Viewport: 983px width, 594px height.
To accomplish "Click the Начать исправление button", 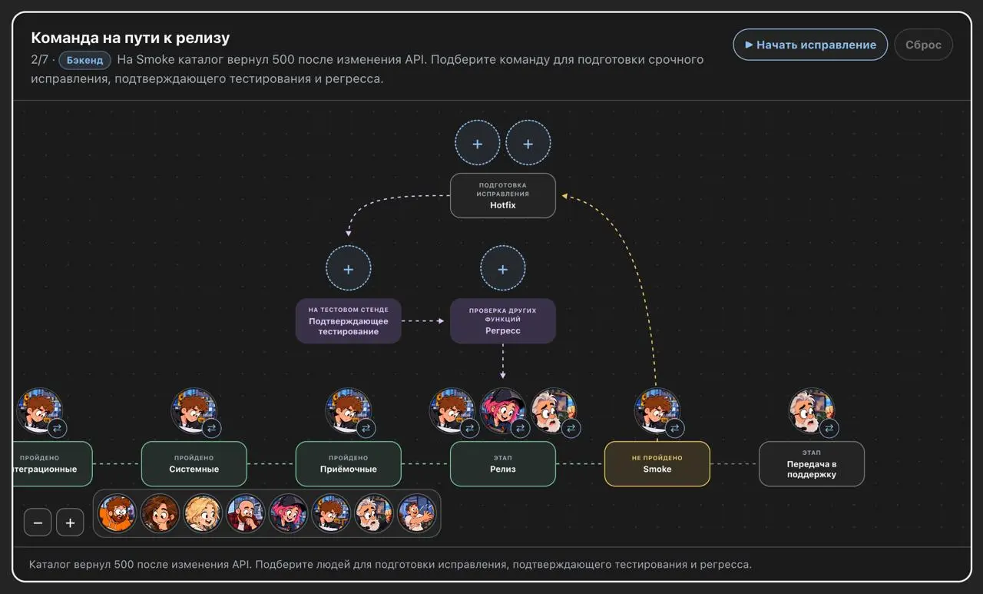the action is click(x=810, y=45).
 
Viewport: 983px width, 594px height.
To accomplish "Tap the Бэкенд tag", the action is click(x=84, y=60).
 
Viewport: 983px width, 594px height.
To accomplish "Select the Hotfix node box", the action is click(x=503, y=195).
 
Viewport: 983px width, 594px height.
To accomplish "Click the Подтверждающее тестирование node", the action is click(x=349, y=321).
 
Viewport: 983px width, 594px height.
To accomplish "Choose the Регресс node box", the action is click(x=503, y=321).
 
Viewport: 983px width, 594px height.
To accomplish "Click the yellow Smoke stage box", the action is click(x=657, y=463).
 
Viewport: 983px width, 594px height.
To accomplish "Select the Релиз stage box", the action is click(x=503, y=463).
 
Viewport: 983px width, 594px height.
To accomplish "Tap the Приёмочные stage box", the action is click(x=349, y=463).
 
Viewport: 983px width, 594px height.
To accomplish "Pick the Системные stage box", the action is click(x=194, y=463).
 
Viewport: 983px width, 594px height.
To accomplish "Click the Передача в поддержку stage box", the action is click(x=812, y=463).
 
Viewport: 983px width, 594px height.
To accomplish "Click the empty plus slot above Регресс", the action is click(x=503, y=268).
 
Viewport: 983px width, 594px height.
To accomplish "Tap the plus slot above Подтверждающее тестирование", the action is click(x=349, y=268).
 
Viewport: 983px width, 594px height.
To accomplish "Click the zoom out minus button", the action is click(x=38, y=523).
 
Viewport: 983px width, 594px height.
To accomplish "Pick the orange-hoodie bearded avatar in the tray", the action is click(x=117, y=513).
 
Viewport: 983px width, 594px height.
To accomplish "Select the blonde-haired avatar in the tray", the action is click(x=202, y=513).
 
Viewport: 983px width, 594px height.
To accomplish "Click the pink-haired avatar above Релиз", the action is click(x=503, y=410).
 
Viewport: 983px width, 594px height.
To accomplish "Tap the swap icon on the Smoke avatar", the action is click(x=674, y=427).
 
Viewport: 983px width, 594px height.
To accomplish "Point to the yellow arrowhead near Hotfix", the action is click(x=564, y=196).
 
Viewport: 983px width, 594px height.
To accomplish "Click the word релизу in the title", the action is click(x=203, y=38).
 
